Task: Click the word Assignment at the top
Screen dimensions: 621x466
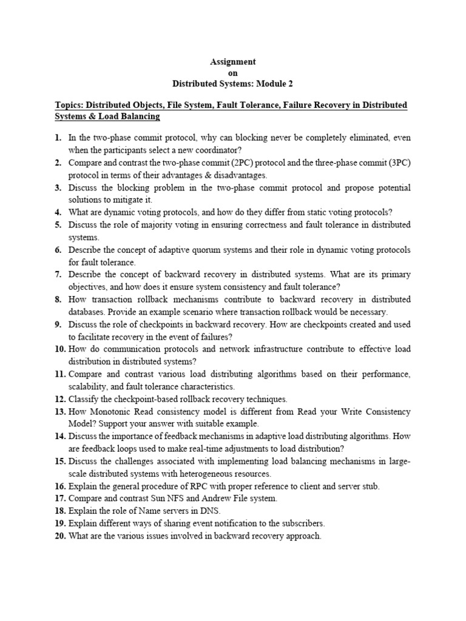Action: point(232,62)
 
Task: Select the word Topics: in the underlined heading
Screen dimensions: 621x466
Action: point(72,106)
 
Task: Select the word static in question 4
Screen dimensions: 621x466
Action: point(318,212)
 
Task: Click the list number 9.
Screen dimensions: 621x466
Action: point(59,324)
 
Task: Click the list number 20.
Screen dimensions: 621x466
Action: point(59,536)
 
